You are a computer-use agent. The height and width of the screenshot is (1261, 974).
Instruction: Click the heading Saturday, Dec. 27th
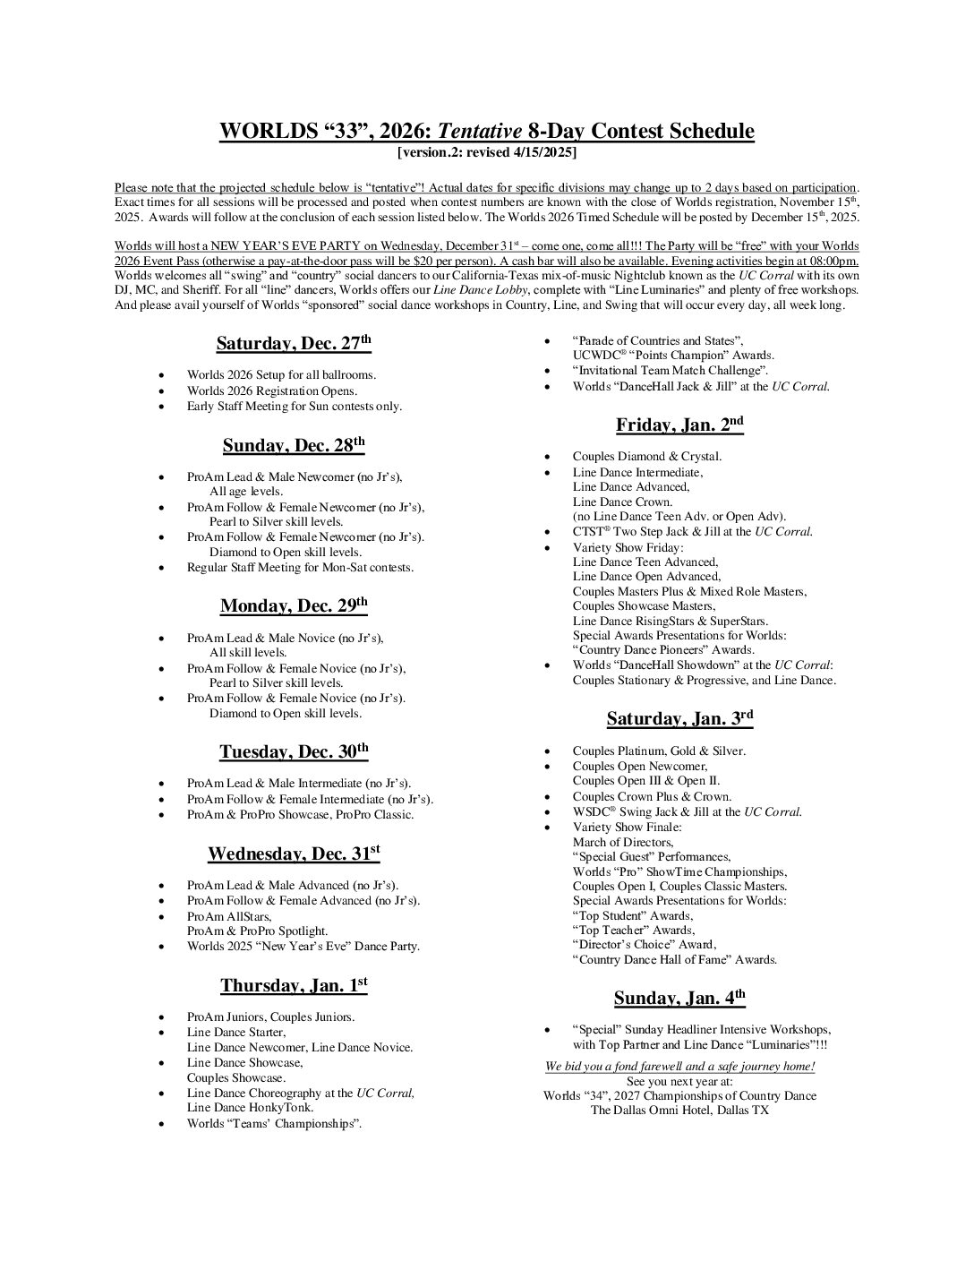pos(293,344)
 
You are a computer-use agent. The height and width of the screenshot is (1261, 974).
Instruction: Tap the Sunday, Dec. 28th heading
pos(294,446)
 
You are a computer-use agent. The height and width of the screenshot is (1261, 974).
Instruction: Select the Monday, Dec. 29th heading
pos(294,606)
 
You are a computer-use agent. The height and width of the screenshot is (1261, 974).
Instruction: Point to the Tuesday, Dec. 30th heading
pos(294,752)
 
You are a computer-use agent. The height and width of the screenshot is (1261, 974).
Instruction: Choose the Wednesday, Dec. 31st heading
pos(294,854)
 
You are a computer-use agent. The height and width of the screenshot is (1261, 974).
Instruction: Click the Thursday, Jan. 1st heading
pos(294,986)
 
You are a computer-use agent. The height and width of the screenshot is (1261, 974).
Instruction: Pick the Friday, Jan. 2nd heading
pos(679,425)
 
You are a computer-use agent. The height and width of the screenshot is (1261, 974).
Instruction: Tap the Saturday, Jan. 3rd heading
pos(679,718)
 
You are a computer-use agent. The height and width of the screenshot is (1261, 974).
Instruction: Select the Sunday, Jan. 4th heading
pos(679,999)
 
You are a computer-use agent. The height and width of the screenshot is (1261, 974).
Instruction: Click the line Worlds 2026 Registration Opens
pos(271,391)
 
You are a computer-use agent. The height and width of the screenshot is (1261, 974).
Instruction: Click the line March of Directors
pos(623,842)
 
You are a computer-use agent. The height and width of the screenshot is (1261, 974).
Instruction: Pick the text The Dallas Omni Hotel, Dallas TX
pos(679,1111)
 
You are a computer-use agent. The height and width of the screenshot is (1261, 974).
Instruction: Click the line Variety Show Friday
pos(628,547)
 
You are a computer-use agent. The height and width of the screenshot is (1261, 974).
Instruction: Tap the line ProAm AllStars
pos(229,916)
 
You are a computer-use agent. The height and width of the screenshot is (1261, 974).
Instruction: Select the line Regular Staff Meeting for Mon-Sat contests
pos(300,568)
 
